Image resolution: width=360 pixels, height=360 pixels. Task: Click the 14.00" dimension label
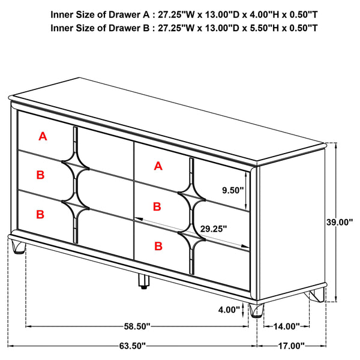click(286, 326)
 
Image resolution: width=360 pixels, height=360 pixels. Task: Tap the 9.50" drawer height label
click(232, 190)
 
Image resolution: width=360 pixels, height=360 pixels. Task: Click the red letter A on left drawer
click(42, 137)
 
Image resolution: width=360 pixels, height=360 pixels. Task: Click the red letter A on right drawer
click(158, 166)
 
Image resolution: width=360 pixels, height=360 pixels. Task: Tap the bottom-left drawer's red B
click(40, 214)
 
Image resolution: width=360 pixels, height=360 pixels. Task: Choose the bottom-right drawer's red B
click(158, 245)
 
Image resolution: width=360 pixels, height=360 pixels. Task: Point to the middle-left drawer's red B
click(40, 175)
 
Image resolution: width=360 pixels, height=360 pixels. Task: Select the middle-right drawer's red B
click(157, 206)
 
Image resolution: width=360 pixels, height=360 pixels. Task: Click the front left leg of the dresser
click(19, 247)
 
